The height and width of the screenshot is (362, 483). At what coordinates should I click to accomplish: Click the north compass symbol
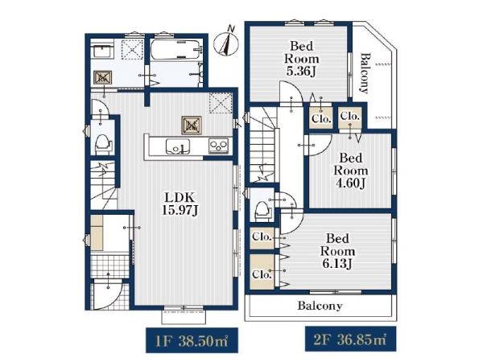point(226,42)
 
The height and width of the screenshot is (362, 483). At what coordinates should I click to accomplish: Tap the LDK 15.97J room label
point(180,204)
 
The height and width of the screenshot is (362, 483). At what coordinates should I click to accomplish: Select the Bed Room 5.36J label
point(302,59)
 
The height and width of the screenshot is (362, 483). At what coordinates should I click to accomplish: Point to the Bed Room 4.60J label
point(350,171)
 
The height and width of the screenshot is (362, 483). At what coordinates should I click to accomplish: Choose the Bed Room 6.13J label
point(337,251)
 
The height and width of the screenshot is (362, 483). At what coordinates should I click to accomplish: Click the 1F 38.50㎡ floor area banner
point(192,341)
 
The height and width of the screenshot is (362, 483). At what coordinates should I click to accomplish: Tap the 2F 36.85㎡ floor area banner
point(350,339)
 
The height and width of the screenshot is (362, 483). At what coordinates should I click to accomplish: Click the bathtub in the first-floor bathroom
point(175,49)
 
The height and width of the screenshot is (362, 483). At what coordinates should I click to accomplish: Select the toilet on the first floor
point(103,144)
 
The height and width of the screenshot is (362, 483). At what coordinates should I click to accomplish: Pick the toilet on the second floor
point(263,210)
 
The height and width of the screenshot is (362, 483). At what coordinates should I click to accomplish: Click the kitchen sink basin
point(178,146)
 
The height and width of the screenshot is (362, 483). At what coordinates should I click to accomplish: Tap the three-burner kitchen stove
point(219,146)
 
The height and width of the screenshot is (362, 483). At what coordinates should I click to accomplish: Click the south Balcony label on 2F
point(320,306)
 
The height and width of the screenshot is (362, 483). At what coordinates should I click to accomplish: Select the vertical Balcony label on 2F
point(365,73)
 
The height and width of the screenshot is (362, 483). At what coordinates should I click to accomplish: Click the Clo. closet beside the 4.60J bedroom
point(350,117)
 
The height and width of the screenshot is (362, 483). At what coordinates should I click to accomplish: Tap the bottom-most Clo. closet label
point(262,274)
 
